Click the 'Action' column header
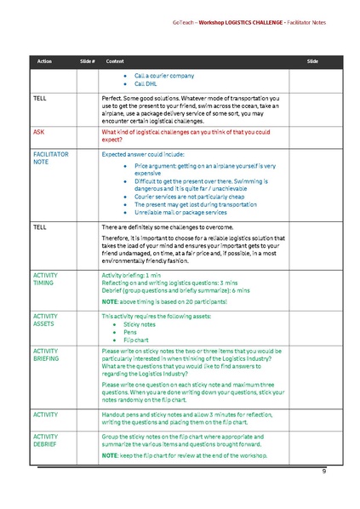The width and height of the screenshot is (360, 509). coord(44,62)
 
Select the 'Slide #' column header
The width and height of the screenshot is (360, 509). coord(87,62)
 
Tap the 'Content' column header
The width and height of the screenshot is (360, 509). coord(114,62)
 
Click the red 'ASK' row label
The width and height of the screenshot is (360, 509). coord(39,133)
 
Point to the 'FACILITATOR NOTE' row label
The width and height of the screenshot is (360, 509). coord(50,159)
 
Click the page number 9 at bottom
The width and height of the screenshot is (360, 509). coord(323,471)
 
